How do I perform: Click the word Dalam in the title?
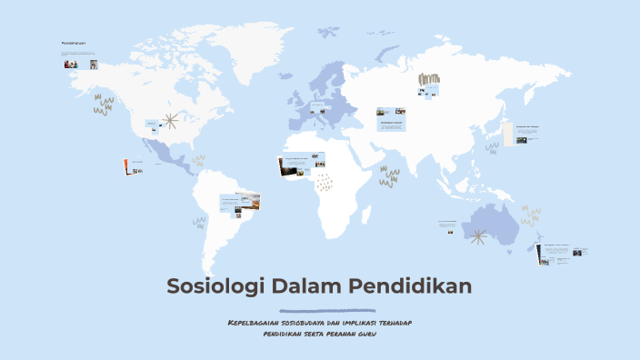[307, 287]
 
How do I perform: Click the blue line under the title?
[320, 309]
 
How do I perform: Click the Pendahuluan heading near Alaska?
[72, 44]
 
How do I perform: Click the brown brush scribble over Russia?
[428, 82]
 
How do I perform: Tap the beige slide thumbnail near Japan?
[526, 134]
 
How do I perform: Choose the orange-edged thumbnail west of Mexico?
[132, 166]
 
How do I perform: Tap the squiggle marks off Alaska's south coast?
[104, 105]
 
